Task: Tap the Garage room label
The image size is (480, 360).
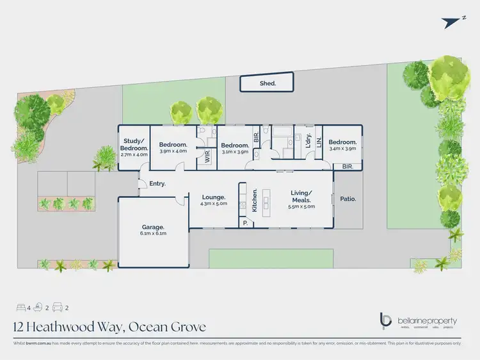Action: (153, 227)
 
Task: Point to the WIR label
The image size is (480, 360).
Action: (207, 158)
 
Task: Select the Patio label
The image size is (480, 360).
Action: (348, 199)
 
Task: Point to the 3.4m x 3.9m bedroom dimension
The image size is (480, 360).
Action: (342, 149)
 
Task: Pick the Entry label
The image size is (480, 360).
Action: (157, 184)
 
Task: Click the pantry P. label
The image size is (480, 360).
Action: (244, 224)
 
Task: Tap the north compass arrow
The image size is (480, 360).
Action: (452, 21)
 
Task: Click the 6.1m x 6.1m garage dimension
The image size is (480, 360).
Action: (153, 234)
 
